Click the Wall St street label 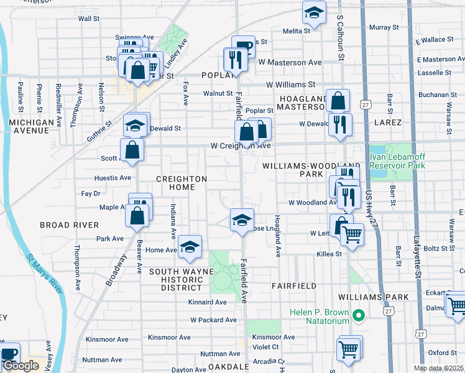(x=89, y=19)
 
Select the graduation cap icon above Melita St (x=314, y=13)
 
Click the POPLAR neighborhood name (x=216, y=75)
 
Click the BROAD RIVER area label (x=69, y=224)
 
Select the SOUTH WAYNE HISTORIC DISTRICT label (x=181, y=280)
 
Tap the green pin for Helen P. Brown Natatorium (x=358, y=316)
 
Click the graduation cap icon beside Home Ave (x=190, y=246)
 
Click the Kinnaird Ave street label (x=208, y=302)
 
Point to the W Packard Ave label (x=213, y=320)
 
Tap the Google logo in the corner (x=21, y=366)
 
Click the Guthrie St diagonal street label (x=99, y=131)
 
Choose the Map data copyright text (x=438, y=368)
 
